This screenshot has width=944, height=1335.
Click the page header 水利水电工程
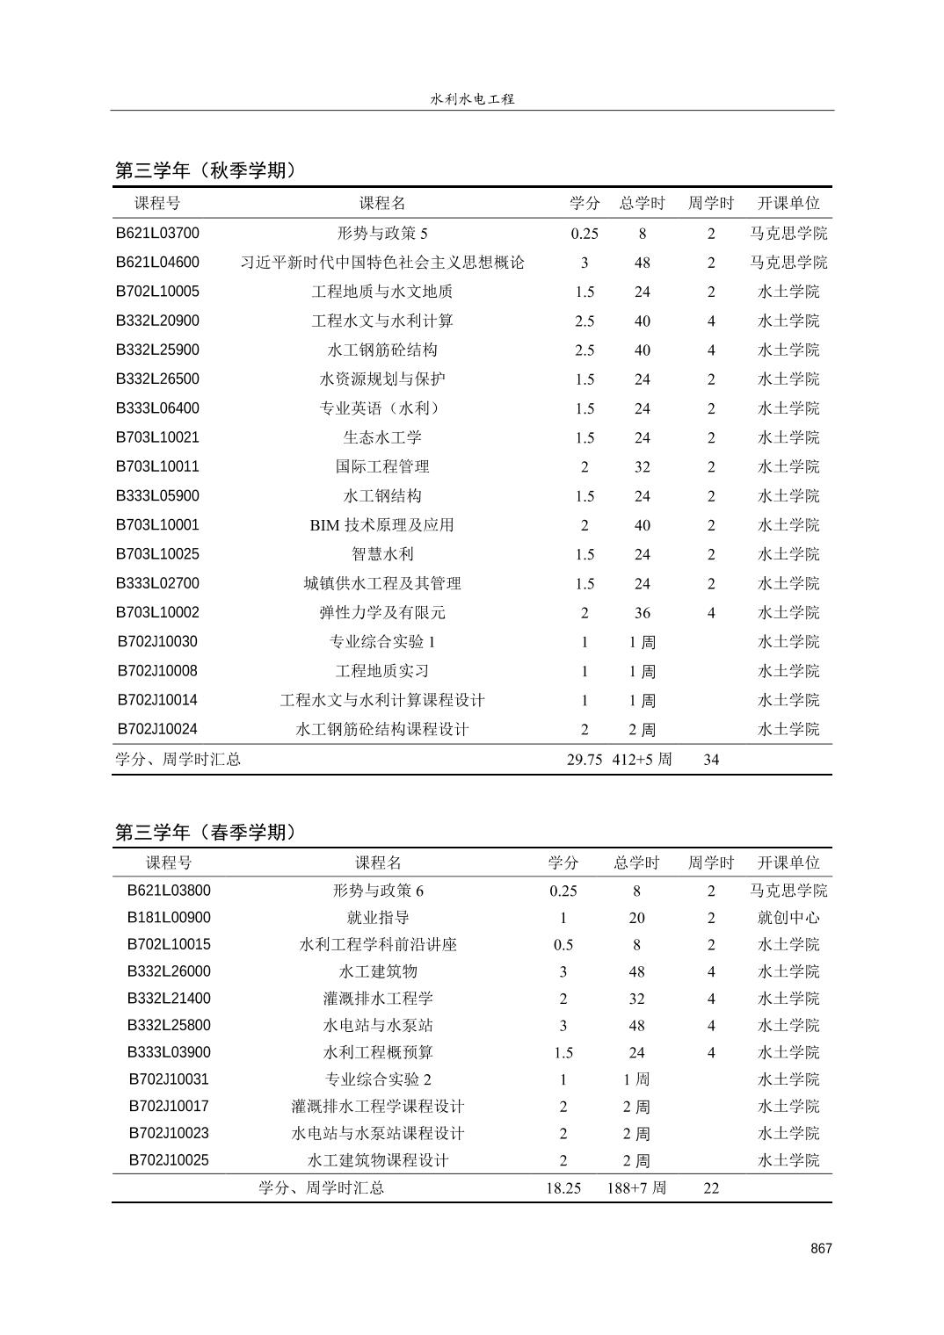[472, 99]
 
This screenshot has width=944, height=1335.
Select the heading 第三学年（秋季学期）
[207, 170]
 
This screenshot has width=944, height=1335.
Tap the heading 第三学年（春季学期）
[207, 832]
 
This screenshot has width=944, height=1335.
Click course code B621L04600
[157, 263]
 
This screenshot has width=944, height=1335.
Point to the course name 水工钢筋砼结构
[382, 350]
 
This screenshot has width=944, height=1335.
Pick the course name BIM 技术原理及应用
[382, 525]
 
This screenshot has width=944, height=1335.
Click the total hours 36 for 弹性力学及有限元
[643, 613]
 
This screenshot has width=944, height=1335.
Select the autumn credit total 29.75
[585, 760]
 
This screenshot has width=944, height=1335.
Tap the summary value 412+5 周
[643, 760]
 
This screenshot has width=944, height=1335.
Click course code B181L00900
[169, 918]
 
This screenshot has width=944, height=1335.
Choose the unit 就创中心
[788, 918]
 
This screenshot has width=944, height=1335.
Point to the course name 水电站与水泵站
[378, 1026]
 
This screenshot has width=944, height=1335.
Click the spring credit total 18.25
[563, 1188]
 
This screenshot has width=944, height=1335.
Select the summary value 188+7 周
[637, 1188]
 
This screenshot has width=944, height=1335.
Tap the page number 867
[821, 1249]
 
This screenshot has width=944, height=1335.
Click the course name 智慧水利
[382, 554]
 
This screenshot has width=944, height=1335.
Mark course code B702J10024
[157, 729]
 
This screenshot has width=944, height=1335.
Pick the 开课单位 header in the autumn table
[788, 204]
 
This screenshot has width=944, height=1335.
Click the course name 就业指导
[378, 918]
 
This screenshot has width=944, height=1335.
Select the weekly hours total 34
[711, 760]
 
